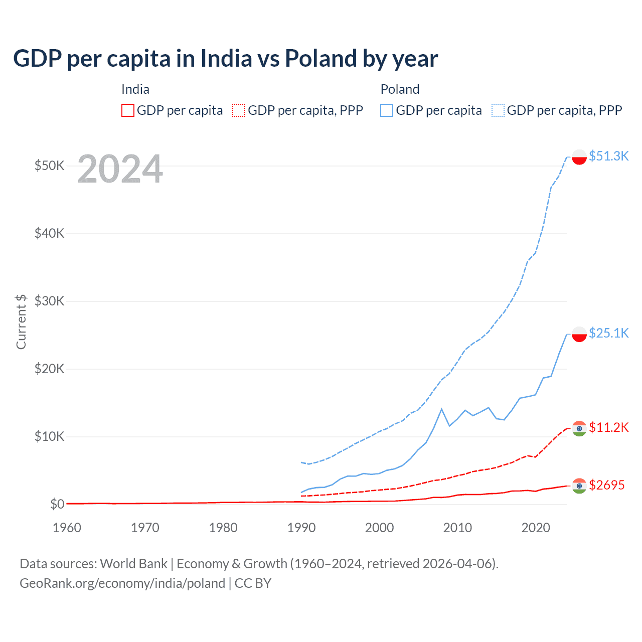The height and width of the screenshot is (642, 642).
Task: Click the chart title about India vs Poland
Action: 225,59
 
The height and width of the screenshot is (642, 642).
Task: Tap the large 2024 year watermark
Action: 120,169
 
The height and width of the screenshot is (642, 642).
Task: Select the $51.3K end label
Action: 608,156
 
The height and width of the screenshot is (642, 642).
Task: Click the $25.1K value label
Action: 608,333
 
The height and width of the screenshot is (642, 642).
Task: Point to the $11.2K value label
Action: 608,427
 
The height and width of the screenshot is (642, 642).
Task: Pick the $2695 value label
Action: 606,485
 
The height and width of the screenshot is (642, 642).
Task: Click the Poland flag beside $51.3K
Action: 579,157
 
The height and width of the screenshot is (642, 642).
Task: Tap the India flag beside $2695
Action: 579,486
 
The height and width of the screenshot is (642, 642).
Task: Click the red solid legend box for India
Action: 128,110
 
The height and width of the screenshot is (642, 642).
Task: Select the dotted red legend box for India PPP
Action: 239,110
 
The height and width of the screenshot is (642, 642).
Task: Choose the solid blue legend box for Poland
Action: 387,110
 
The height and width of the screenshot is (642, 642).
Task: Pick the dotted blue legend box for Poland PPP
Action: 498,110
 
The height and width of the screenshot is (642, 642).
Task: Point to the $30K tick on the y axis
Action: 49,301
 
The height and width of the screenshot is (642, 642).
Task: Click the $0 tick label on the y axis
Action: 57,504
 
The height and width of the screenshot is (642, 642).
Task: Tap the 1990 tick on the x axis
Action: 301,528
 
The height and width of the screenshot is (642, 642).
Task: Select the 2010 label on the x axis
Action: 457,528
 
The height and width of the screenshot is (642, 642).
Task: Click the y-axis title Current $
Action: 21,322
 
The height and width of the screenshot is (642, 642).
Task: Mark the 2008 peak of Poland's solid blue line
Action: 441,409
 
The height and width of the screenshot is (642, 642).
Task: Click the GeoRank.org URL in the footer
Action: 122,583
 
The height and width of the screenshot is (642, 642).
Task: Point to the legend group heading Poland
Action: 400,89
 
